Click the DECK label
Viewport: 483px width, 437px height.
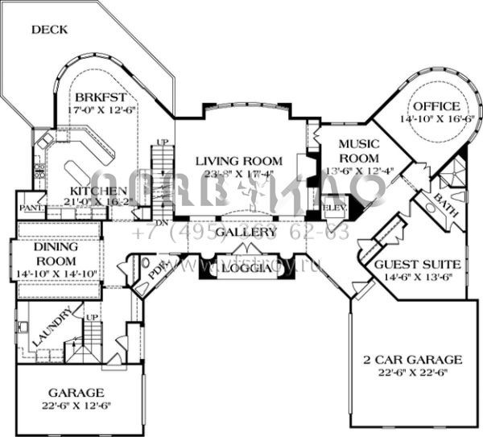pyautogui.click(x=49, y=30)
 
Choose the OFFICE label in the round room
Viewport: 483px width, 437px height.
pyautogui.click(x=436, y=106)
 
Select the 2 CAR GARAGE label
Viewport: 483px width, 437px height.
pyautogui.click(x=411, y=359)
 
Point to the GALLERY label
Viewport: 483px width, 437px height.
pyautogui.click(x=241, y=232)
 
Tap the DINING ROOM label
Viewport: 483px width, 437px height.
pyautogui.click(x=56, y=256)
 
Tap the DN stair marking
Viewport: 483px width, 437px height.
pyautogui.click(x=161, y=221)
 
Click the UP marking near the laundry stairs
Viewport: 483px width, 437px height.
pyautogui.click(x=91, y=318)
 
